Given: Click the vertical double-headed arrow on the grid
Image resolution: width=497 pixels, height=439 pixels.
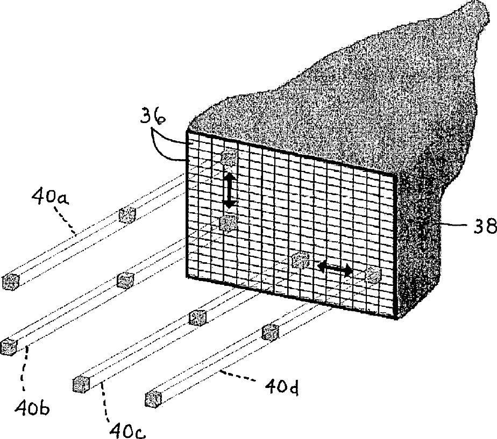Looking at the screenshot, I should coord(229,190).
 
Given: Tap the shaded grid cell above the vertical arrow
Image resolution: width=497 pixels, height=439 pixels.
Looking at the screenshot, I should coord(230,157).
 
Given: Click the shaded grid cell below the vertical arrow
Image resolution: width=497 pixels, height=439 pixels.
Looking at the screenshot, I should coord(228,222).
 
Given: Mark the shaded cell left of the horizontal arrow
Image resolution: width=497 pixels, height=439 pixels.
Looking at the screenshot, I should coord(300,261).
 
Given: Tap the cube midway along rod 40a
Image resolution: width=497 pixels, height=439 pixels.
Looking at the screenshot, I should coord(127,215).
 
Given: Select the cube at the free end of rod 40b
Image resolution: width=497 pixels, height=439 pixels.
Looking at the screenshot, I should coord(9,346).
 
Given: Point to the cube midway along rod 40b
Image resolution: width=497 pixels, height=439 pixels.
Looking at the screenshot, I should coord(125,280).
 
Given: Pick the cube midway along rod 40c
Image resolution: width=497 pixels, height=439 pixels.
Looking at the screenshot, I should coord(198,318).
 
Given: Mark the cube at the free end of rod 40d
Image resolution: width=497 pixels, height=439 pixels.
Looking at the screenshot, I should coord(154,399).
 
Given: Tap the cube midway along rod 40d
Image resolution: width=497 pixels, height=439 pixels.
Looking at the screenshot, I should coord(269,332).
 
